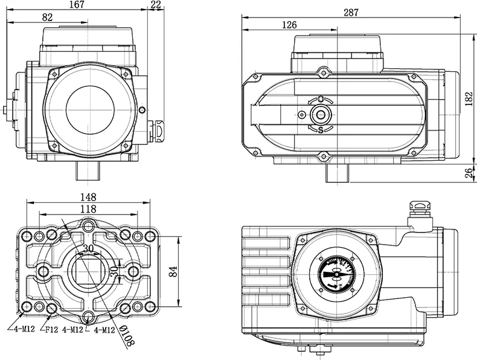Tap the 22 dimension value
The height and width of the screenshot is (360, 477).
(156, 5)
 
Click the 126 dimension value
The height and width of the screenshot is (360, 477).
(290, 25)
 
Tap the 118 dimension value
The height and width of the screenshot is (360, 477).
(89, 208)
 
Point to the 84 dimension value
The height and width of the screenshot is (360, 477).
(174, 272)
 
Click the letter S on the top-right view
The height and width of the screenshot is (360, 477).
(320, 129)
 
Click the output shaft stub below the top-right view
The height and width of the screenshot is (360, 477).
(338, 173)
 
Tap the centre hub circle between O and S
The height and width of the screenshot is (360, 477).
(320, 114)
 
